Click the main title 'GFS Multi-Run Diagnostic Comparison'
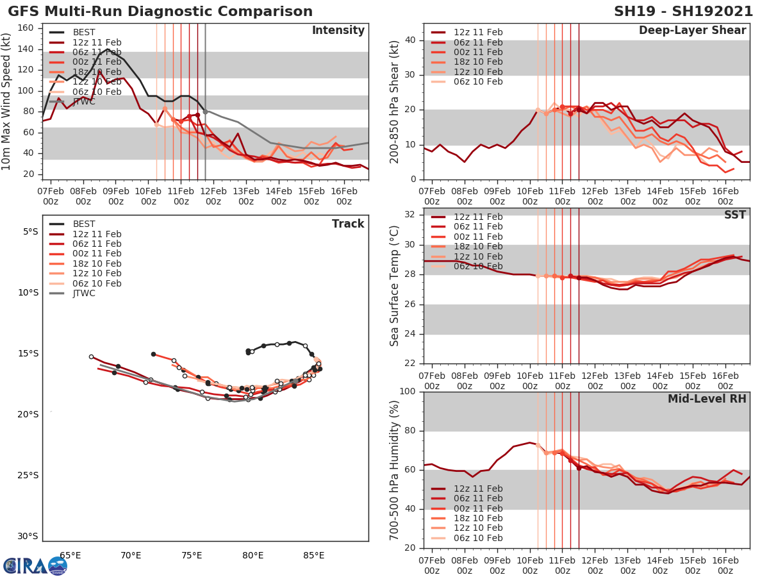pyautogui.click(x=160, y=12)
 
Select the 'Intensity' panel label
pyautogui.click(x=338, y=31)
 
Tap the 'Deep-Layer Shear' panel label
pyautogui.click(x=692, y=31)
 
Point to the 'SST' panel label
pyautogui.click(x=735, y=215)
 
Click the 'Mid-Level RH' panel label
pyautogui.click(x=707, y=399)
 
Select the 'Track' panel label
pyautogui.click(x=348, y=224)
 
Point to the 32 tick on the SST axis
pyautogui.click(x=409, y=215)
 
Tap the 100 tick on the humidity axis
pyautogui.click(x=406, y=392)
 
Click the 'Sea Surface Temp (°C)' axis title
pyautogui.click(x=394, y=287)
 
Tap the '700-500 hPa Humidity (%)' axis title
pyautogui.click(x=394, y=470)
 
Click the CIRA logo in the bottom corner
pyautogui.click(x=35, y=565)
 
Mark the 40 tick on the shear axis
pyautogui.click(x=409, y=40)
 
